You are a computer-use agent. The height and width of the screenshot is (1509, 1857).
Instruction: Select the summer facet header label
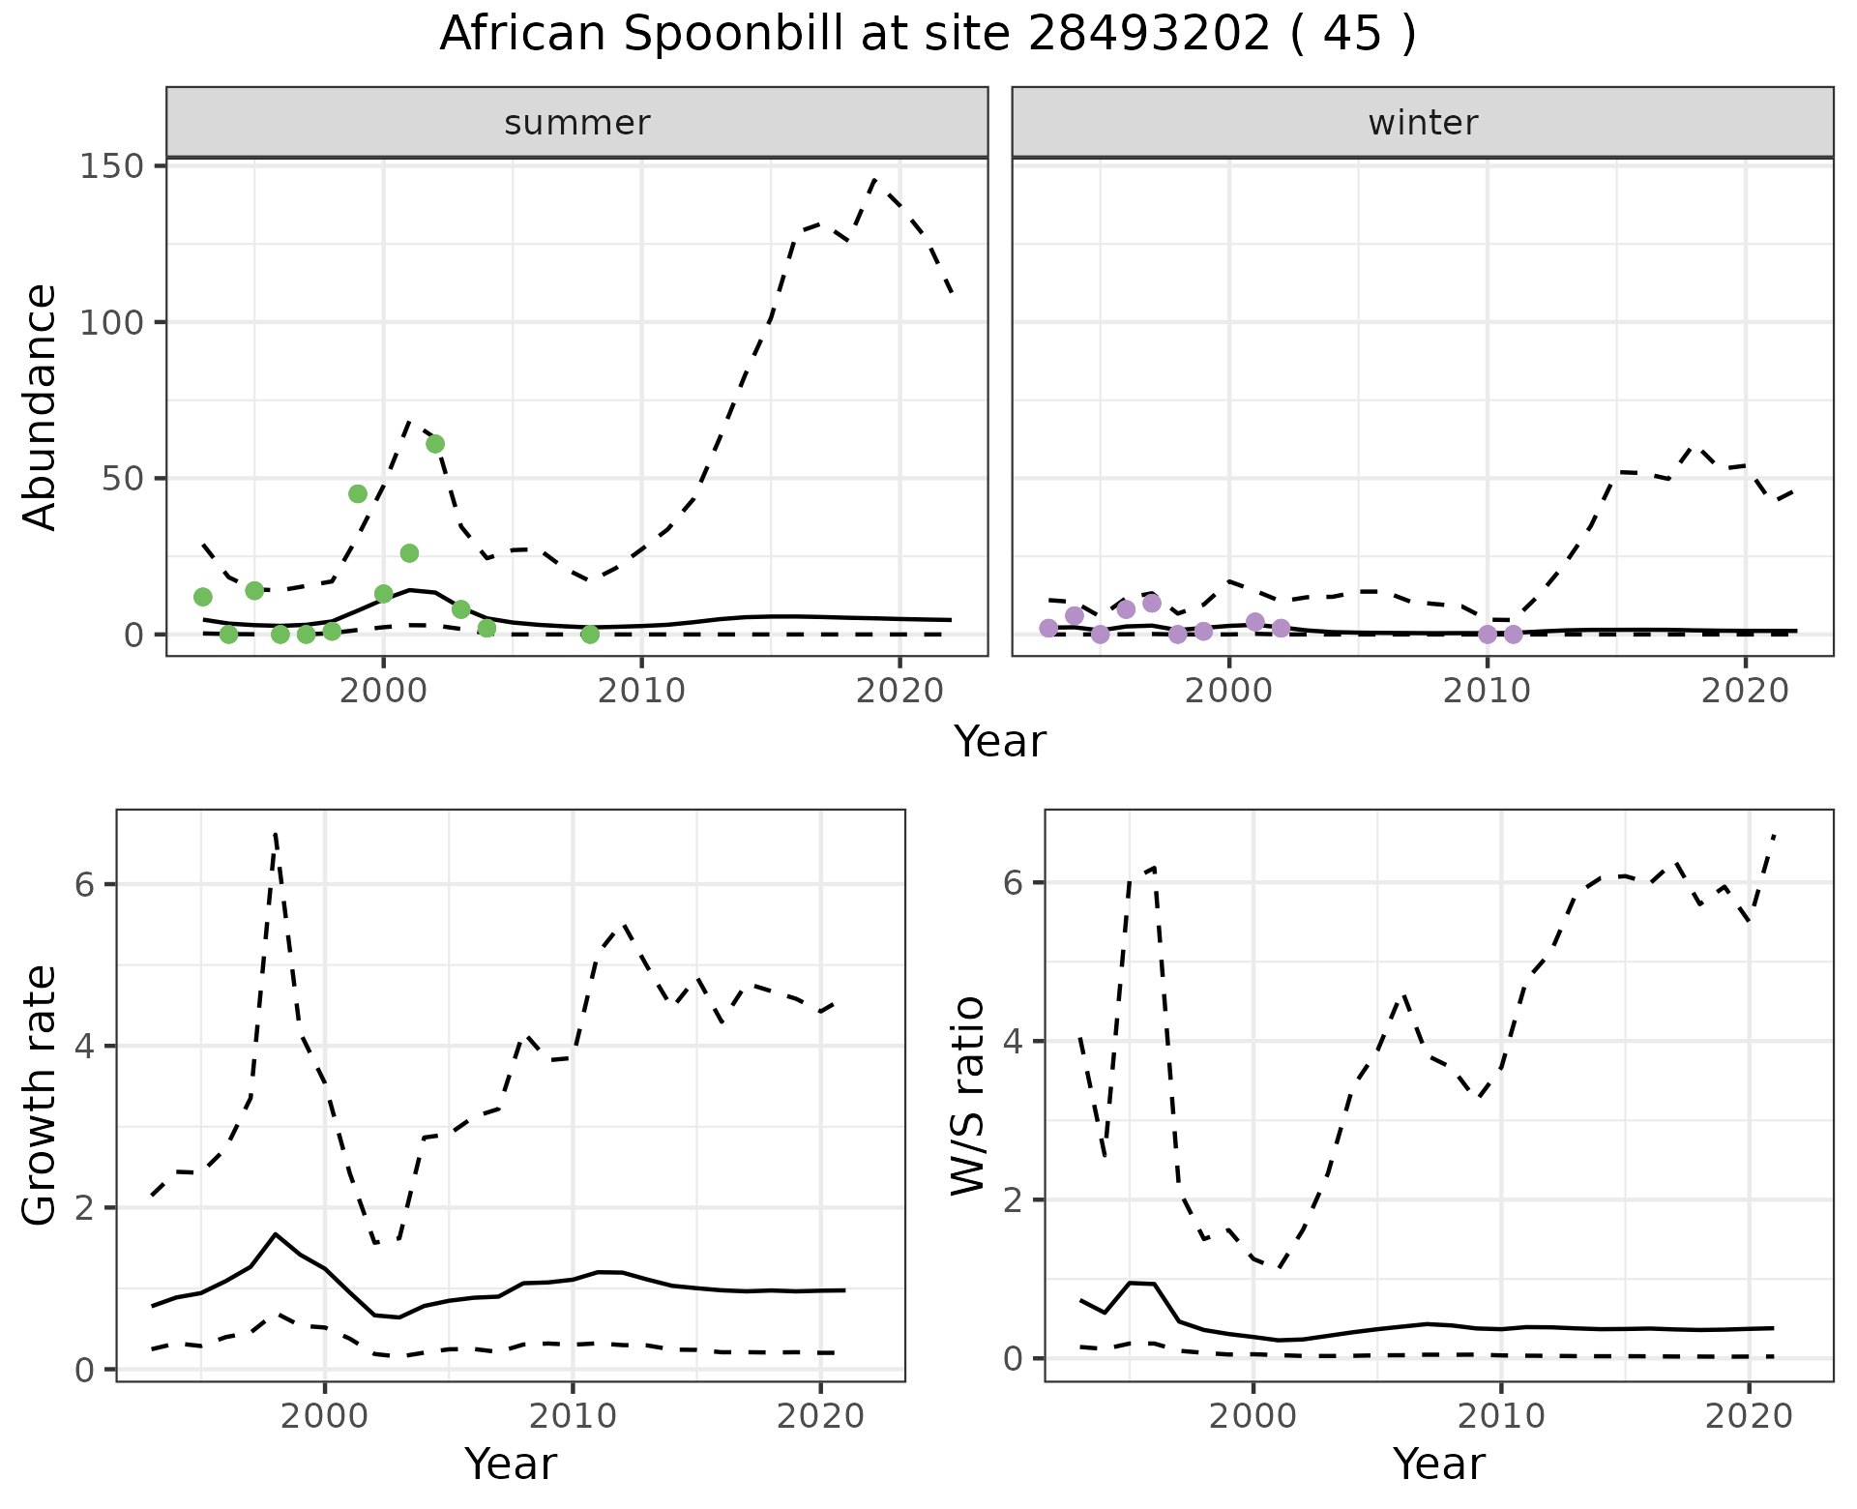click(577, 123)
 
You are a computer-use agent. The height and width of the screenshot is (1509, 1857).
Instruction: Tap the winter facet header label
click(1423, 123)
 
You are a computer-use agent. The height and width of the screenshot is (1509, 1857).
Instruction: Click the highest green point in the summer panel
click(435, 444)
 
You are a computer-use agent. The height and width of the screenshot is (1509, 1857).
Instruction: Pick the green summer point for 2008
click(590, 634)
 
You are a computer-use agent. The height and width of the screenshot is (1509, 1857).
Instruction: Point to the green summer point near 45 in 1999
click(358, 494)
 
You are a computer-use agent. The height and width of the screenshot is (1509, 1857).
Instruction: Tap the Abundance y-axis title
click(41, 406)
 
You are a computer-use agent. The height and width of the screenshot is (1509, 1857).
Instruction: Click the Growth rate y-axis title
click(41, 1095)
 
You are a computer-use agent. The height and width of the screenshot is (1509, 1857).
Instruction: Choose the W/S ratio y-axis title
click(968, 1095)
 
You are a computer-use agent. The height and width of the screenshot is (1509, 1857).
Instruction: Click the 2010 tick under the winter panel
click(1488, 691)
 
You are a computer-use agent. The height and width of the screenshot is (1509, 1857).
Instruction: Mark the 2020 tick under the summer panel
click(899, 691)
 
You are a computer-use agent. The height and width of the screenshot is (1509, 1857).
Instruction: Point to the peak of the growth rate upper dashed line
click(276, 833)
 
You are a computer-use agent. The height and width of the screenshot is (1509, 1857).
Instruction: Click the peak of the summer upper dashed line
click(874, 180)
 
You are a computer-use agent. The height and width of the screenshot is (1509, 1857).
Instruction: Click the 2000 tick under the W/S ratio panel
click(1253, 1417)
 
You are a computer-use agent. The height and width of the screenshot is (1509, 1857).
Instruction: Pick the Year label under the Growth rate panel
click(511, 1464)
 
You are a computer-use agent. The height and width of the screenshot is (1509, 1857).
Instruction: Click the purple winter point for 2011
click(1514, 635)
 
